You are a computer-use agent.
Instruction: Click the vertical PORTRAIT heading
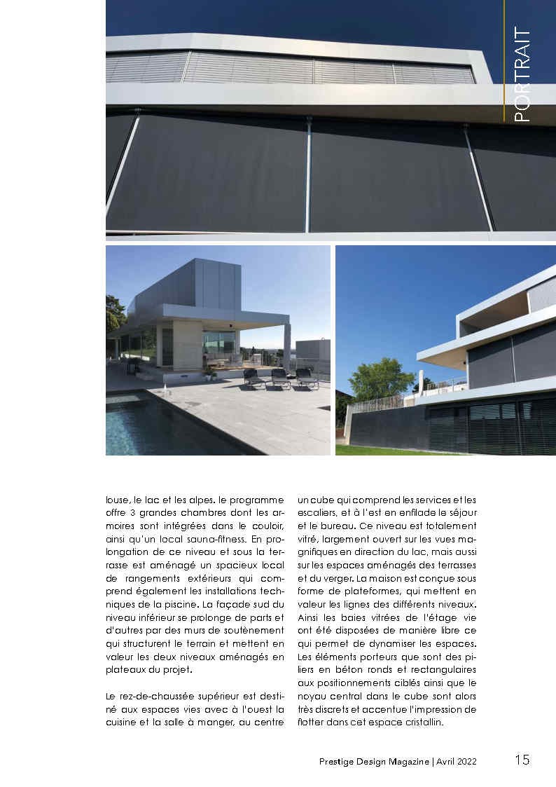coord(522,75)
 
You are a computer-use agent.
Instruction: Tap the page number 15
coord(522,760)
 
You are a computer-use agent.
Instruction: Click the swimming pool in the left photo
coord(154,424)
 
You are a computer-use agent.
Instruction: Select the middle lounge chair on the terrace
coord(280,378)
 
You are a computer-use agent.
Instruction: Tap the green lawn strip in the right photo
coord(392,450)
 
